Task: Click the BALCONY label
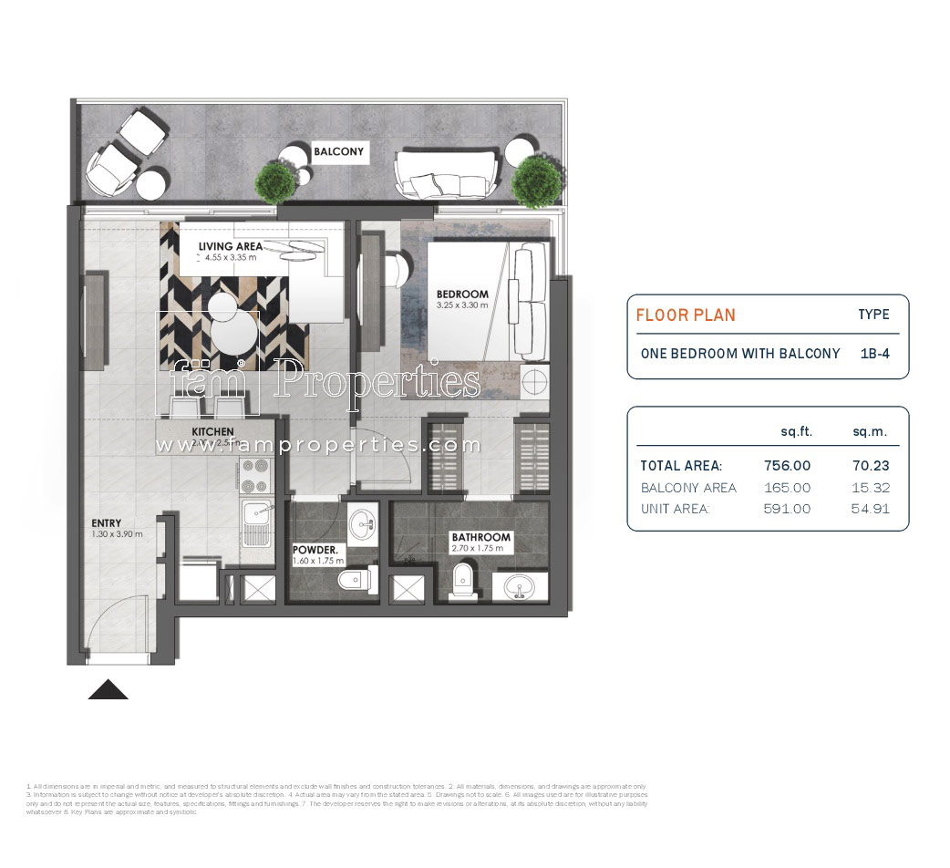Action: click(x=338, y=152)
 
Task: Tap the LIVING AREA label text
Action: click(x=230, y=246)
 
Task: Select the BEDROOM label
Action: click(x=462, y=294)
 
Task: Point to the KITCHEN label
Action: click(x=212, y=431)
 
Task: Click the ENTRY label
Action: click(x=107, y=523)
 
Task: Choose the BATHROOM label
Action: click(x=480, y=538)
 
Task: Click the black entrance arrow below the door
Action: click(x=108, y=689)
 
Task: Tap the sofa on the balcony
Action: click(x=445, y=173)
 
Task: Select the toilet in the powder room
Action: click(x=356, y=579)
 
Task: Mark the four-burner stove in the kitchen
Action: click(x=253, y=476)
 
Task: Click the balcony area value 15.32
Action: click(x=870, y=488)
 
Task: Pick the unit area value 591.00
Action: click(x=786, y=509)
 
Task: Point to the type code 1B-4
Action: click(x=874, y=353)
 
